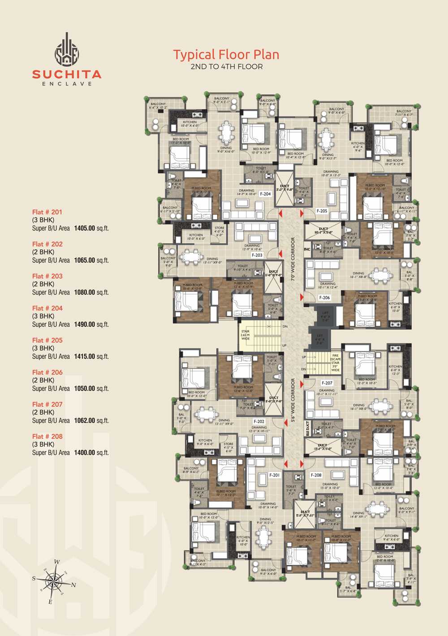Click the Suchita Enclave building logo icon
[67, 50]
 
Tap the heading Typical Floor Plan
[226, 55]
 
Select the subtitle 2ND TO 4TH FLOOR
[227, 67]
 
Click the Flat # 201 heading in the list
[47, 212]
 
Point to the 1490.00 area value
[85, 324]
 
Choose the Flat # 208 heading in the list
[47, 436]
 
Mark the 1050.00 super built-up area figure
[85, 388]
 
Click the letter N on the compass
[73, 585]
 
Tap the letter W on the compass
[57, 562]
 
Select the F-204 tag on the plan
[265, 194]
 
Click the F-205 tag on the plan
[322, 211]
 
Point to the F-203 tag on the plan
[257, 255]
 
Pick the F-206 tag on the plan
[324, 298]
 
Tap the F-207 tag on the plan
[327, 383]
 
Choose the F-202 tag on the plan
[259, 422]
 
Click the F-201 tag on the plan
[274, 475]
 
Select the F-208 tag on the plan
[316, 475]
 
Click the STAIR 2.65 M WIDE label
[246, 335]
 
